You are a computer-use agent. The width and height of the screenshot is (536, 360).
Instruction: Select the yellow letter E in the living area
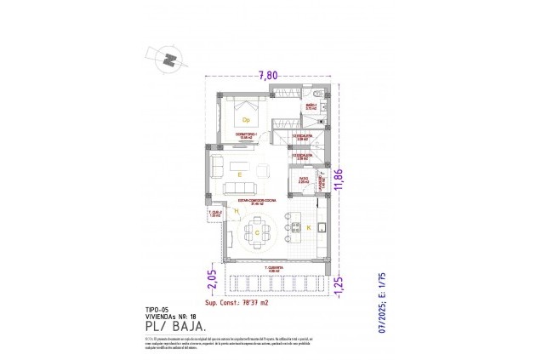click(241, 174)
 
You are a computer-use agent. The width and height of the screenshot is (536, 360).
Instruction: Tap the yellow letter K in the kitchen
click(308, 227)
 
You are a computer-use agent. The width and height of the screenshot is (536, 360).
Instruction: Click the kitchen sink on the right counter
click(322, 226)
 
